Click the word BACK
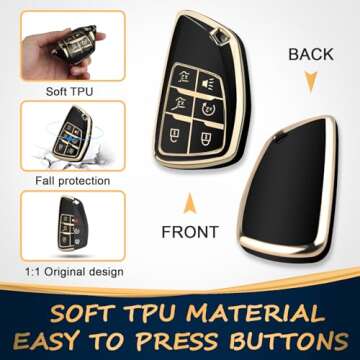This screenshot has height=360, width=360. (311, 53)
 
